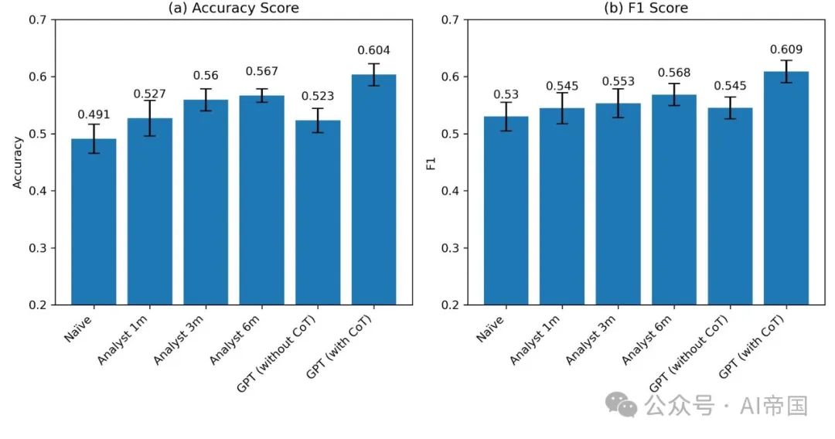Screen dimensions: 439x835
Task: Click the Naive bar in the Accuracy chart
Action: click(94, 224)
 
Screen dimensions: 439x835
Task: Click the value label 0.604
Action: click(373, 51)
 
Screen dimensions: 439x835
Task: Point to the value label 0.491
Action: click(94, 115)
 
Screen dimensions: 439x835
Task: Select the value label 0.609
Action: click(786, 49)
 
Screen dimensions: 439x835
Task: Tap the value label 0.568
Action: click(673, 73)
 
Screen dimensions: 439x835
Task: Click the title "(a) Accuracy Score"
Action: click(233, 9)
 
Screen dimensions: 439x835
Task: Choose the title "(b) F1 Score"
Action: click(646, 9)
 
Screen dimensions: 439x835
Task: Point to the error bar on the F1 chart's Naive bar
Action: click(506, 116)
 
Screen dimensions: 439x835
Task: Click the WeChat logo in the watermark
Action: click(622, 404)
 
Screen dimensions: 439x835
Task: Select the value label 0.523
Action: click(318, 97)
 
